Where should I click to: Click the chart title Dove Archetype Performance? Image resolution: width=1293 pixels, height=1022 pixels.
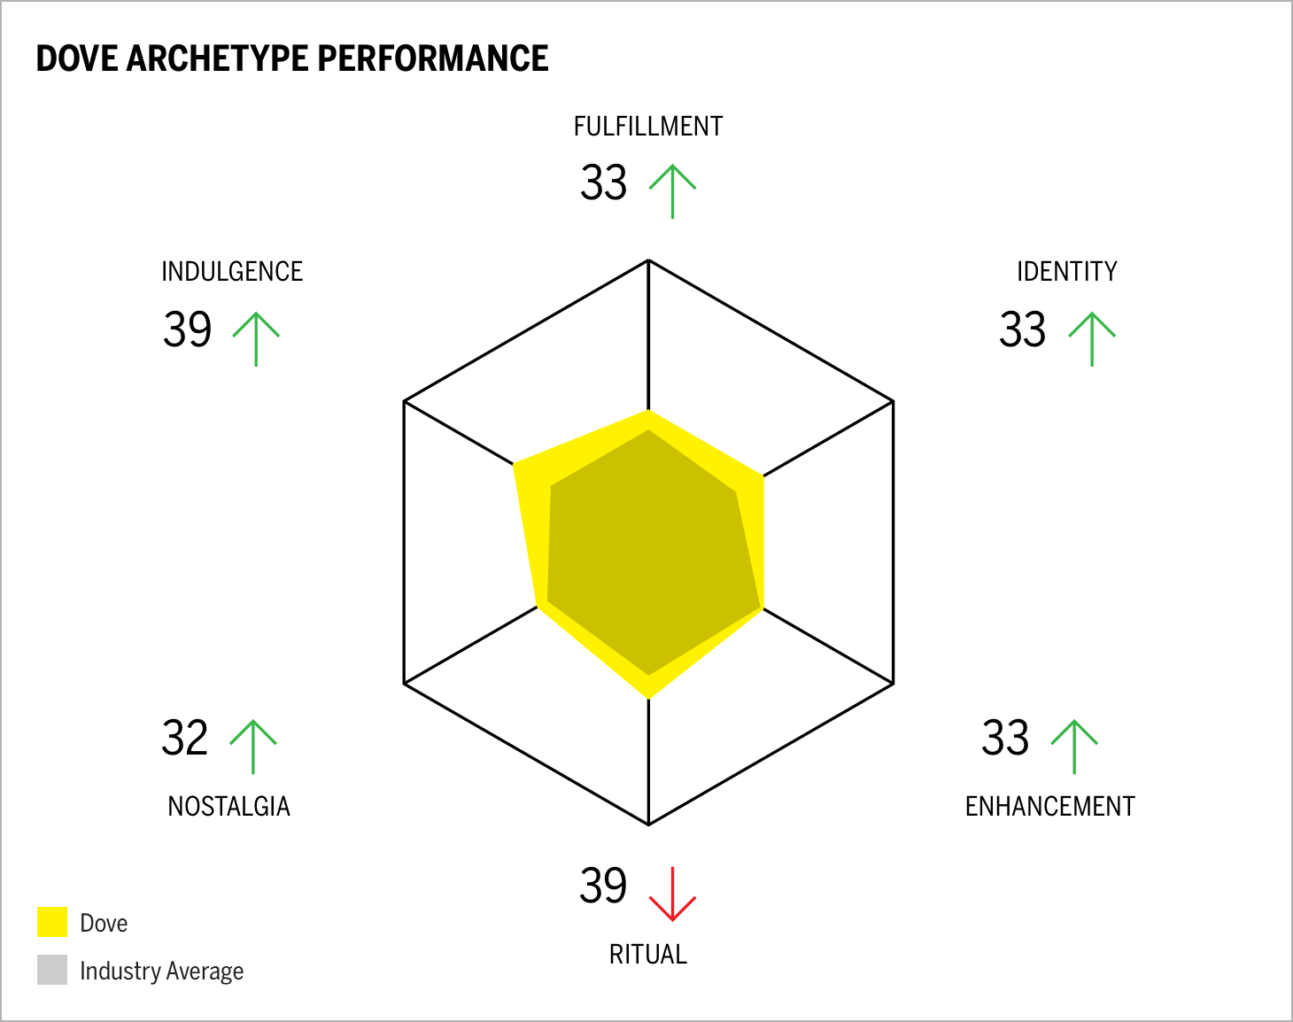point(292,58)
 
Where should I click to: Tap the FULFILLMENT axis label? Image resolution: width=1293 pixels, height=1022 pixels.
point(648,127)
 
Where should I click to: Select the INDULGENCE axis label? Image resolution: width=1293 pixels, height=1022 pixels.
point(232,272)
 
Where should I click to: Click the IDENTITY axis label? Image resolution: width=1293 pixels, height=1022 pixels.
point(1066,272)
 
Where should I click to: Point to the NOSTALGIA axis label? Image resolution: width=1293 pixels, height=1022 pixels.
point(229,807)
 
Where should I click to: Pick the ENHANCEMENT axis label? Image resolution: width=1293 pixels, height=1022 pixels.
point(1049,807)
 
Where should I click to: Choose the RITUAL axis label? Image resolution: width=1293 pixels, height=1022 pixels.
point(648,955)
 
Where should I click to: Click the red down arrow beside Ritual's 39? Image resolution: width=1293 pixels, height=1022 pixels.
point(672,894)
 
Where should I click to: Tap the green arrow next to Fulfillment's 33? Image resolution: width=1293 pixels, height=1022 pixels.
point(672,190)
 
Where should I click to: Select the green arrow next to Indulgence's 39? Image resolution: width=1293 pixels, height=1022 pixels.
point(256,338)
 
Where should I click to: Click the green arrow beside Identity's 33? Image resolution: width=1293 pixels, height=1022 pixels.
point(1092,338)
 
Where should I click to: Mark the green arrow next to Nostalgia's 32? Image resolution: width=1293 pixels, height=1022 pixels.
point(253,747)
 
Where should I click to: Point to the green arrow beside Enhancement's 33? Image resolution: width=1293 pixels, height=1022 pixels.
point(1074,747)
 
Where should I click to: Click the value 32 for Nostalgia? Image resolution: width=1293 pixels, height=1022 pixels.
point(185,739)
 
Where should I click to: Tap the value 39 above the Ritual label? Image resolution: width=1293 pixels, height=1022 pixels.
point(603,886)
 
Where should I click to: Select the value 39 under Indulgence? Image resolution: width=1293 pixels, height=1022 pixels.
point(187,330)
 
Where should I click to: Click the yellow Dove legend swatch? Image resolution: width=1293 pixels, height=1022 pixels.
point(52,922)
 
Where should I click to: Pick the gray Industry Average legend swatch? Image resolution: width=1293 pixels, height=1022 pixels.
point(52,970)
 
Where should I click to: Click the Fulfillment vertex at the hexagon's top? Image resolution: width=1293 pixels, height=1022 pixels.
point(648,260)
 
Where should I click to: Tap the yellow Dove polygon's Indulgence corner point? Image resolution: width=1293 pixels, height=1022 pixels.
point(515,463)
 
